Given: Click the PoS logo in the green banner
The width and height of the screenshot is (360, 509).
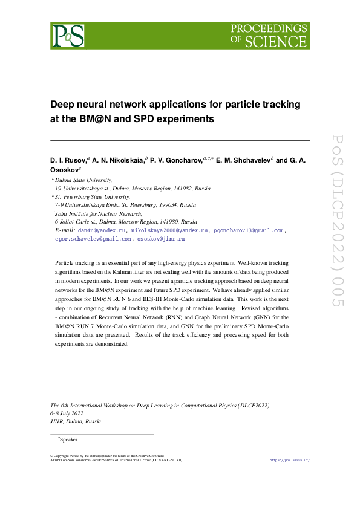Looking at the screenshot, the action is pos(68,36).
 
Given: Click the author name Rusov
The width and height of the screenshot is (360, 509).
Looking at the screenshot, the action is pos(73,160).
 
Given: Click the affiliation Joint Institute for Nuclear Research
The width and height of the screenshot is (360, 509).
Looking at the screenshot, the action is pos(98,213).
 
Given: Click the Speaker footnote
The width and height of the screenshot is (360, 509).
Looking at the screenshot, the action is pos(68,439).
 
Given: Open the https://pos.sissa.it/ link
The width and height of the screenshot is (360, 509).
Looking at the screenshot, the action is pos(289,460).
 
